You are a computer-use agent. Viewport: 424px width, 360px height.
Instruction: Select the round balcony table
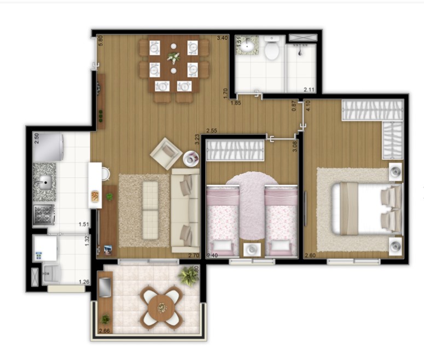tap(162, 308)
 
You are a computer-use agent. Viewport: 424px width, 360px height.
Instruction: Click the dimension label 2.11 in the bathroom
tap(309, 89)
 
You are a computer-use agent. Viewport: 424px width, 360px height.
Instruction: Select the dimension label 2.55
tap(211, 131)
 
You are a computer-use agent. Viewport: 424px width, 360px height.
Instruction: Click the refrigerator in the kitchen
tap(48, 148)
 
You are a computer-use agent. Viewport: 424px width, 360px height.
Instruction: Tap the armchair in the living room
tap(166, 154)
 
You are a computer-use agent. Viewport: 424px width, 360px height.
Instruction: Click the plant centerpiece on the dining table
tap(173, 56)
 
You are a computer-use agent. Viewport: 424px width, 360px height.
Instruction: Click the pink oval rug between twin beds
tap(252, 197)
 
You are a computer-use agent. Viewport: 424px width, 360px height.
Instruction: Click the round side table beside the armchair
tap(191, 159)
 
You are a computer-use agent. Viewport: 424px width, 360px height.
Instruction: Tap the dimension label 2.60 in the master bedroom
tap(310, 255)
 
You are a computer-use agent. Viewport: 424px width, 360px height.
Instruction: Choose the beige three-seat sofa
tap(186, 211)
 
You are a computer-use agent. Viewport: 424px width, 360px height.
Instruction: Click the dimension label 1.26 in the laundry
tap(84, 282)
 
